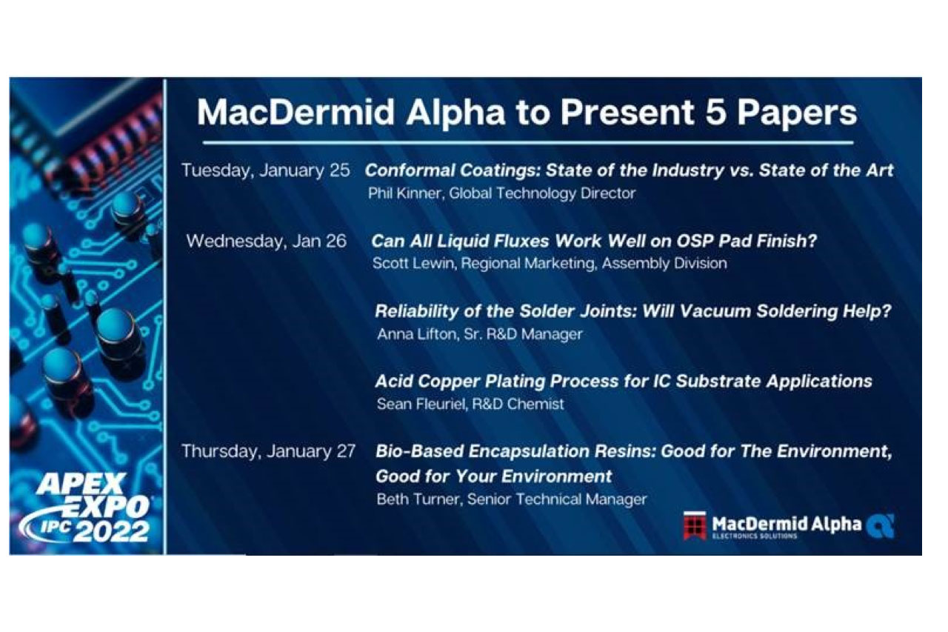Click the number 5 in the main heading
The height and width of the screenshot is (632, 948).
pos(715,113)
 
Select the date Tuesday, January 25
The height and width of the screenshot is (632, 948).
pos(266,170)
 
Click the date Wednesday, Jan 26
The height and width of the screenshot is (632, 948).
pos(266,242)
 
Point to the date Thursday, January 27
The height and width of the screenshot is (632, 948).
pos(268,451)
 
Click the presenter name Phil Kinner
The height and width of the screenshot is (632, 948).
pos(407,193)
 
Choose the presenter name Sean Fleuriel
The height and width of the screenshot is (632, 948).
pos(422,405)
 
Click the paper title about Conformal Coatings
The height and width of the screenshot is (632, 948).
pos(629,170)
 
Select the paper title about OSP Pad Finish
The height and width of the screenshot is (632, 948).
pos(594,242)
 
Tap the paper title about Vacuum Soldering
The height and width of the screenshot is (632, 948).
pos(633,312)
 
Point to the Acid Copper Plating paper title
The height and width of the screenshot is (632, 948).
pos(624,382)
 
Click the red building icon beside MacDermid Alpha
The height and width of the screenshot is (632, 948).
pos(695,526)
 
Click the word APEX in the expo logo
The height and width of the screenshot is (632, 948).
pos(81,485)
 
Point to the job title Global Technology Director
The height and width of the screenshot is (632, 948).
pos(542,193)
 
